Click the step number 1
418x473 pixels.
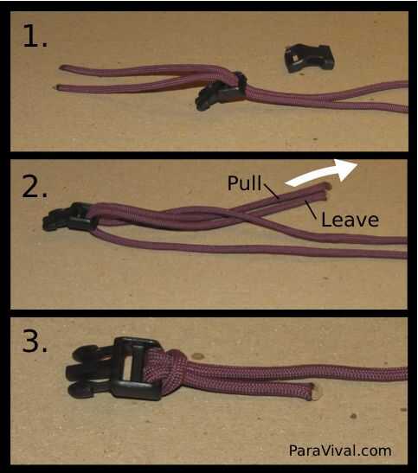pos(35,35)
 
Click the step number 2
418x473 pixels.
pos(35,186)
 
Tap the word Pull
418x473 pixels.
pos(244,182)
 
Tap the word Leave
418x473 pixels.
pos(350,220)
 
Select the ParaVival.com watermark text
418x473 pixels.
pos(340,451)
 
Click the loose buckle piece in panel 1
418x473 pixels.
pos(309,58)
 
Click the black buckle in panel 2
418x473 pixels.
pos(70,217)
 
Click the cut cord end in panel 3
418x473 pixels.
pos(314,393)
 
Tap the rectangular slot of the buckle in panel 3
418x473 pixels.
pos(128,368)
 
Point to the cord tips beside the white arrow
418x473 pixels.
pos(325,190)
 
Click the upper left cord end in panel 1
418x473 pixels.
pos(61,67)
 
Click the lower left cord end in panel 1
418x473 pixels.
pos(58,87)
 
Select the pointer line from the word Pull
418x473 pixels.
pos(271,191)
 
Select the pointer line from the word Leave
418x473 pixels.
pos(311,210)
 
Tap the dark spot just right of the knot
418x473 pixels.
pos(197,356)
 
